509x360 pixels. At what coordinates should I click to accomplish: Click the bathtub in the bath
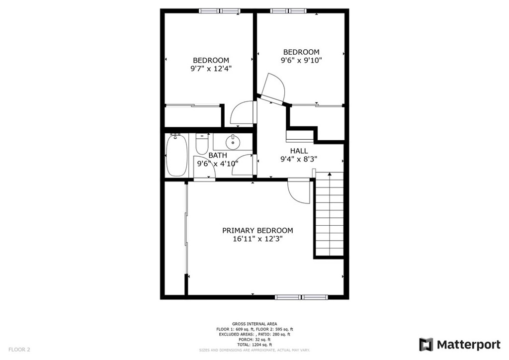pos(176,155)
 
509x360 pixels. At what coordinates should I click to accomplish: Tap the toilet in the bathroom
pos(202,144)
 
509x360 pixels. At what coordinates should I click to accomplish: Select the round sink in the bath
pos(233,142)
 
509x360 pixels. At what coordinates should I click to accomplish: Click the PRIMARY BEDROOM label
pos(257,231)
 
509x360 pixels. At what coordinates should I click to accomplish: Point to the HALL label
pos(299,151)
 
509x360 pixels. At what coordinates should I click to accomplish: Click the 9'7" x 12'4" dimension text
pos(211,69)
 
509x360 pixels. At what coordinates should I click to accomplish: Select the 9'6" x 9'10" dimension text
pos(301,60)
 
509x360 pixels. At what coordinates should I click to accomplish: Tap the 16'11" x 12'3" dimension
pos(257,239)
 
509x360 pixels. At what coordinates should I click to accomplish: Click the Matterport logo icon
pos(426,345)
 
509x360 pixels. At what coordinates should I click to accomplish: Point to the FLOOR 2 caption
pos(19,350)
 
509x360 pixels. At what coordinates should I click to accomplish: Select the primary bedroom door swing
pos(299,191)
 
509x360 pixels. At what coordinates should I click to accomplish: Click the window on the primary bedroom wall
pos(301,297)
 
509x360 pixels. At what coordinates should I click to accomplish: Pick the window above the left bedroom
pos(220,11)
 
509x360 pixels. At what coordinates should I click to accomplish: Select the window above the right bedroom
pos(288,11)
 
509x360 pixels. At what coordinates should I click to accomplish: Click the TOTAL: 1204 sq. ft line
pos(254,345)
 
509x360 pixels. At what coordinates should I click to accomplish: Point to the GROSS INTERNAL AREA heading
pos(254,324)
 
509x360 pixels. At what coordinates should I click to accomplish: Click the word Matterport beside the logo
pos(469,345)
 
